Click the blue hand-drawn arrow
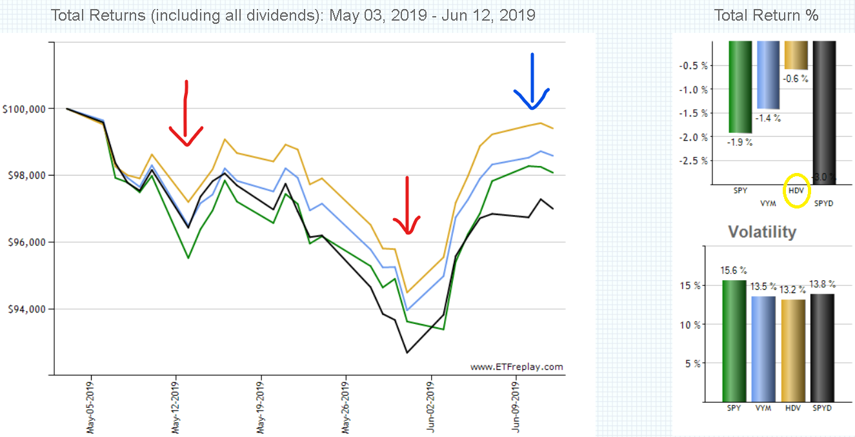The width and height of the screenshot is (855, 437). (x=532, y=81)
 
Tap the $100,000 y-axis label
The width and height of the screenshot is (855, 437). (x=24, y=110)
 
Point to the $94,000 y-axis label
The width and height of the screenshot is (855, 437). (x=26, y=309)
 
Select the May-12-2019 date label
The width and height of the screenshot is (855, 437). (x=176, y=407)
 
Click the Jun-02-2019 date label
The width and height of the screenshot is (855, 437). (x=430, y=407)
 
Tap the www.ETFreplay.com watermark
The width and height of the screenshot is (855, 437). (x=516, y=367)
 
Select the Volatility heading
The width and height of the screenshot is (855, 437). (x=762, y=232)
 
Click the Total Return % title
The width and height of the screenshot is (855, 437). (x=766, y=15)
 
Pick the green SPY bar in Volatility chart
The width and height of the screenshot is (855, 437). (x=734, y=341)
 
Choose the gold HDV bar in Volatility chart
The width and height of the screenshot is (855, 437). (x=793, y=351)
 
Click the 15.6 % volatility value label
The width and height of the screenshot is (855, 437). (x=733, y=270)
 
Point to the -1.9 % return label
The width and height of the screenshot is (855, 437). (x=739, y=143)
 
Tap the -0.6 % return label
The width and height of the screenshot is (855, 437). (x=796, y=79)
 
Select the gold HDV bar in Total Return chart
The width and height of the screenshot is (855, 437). (x=796, y=55)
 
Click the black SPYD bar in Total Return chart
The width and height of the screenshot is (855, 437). (x=824, y=112)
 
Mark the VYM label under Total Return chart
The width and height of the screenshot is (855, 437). (x=768, y=203)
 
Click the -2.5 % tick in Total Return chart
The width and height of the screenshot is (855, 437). (x=693, y=161)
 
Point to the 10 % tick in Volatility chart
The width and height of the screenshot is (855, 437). (x=690, y=325)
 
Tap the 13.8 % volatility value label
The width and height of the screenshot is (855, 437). (x=822, y=284)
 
